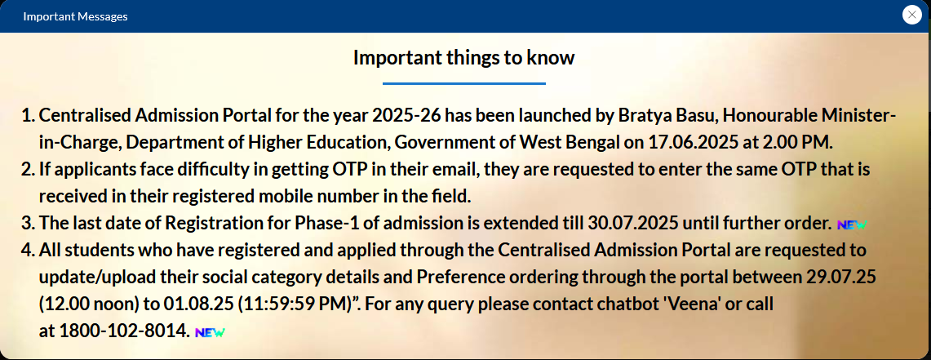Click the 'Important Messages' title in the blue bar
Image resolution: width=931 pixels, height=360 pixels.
pos(75,16)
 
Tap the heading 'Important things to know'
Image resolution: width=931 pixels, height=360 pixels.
pos(463,58)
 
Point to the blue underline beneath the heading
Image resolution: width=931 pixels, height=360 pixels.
pos(463,84)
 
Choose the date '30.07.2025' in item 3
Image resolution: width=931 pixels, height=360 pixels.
pos(633,224)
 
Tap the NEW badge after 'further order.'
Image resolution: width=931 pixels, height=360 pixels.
pos(852,225)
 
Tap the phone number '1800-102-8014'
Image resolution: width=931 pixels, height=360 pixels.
pos(123,331)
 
